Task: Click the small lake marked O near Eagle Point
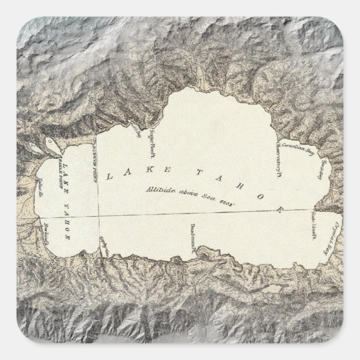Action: pos(52,143)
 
